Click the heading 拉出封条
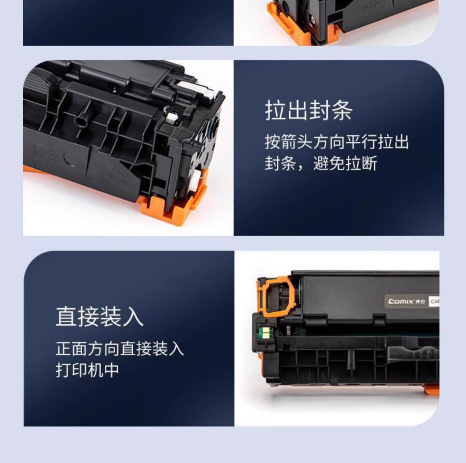308,110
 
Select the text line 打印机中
87,370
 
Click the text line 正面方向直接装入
120,348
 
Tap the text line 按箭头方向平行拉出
337,142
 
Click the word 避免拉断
345,163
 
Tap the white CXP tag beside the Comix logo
434,301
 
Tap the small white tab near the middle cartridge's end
172,117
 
